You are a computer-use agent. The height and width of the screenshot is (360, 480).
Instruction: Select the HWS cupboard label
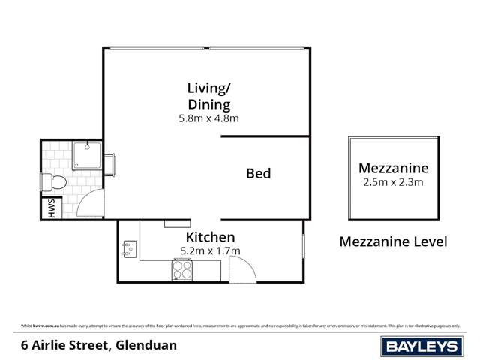coord(51,208)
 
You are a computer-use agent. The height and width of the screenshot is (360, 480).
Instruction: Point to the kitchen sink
coord(127,249)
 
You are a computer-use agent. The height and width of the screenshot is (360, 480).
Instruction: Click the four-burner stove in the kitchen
coord(182,270)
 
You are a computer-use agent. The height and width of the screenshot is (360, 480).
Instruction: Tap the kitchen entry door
coord(241,268)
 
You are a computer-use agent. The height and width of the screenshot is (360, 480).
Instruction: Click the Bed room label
coord(258,174)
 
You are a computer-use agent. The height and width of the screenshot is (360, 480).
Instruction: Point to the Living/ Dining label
coord(209,96)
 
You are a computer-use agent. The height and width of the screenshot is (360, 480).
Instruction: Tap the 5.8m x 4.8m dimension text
coord(209,118)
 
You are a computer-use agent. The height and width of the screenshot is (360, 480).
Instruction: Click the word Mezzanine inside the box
coord(393,167)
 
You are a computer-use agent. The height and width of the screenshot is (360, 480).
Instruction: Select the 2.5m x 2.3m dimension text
coord(393,182)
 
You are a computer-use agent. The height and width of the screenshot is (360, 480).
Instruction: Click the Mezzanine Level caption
coord(393,241)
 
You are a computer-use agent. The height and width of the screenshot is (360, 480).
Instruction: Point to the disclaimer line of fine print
coord(240,325)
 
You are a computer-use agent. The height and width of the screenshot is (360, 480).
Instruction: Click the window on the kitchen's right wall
coord(303,247)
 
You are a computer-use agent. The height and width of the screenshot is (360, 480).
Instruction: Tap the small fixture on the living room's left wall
coord(110,164)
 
